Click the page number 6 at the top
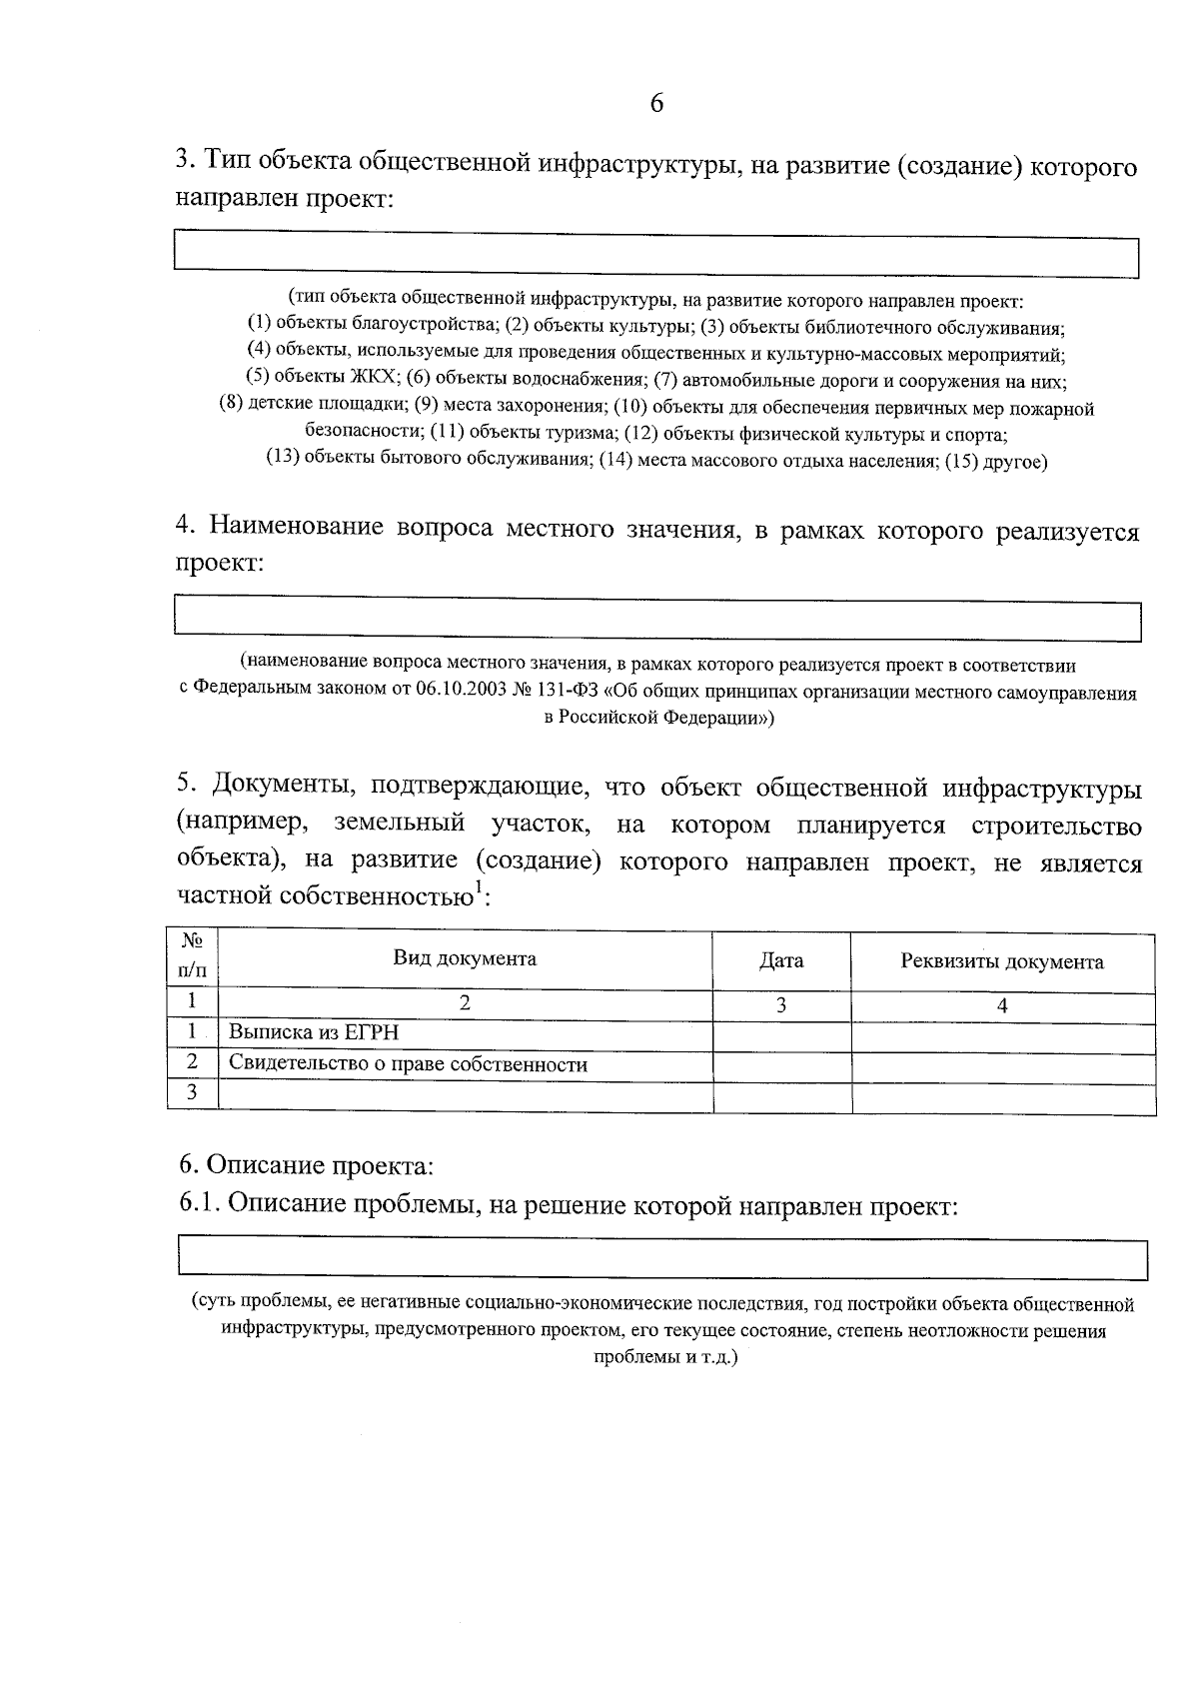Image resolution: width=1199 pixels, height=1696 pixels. click(656, 104)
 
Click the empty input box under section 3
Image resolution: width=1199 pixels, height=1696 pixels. click(656, 253)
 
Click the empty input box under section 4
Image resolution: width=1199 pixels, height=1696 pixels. click(656, 618)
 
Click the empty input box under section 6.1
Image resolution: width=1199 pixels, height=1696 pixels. click(661, 1255)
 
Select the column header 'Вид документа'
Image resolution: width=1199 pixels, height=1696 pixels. click(464, 959)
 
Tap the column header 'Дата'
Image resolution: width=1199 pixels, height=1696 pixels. click(780, 961)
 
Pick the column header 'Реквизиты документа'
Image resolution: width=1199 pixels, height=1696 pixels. click(1001, 962)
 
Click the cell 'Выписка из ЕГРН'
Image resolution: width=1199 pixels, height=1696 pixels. click(314, 1033)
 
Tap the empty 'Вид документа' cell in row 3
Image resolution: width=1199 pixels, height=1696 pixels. click(464, 1095)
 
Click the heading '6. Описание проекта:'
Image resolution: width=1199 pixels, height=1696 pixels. click(306, 1165)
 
